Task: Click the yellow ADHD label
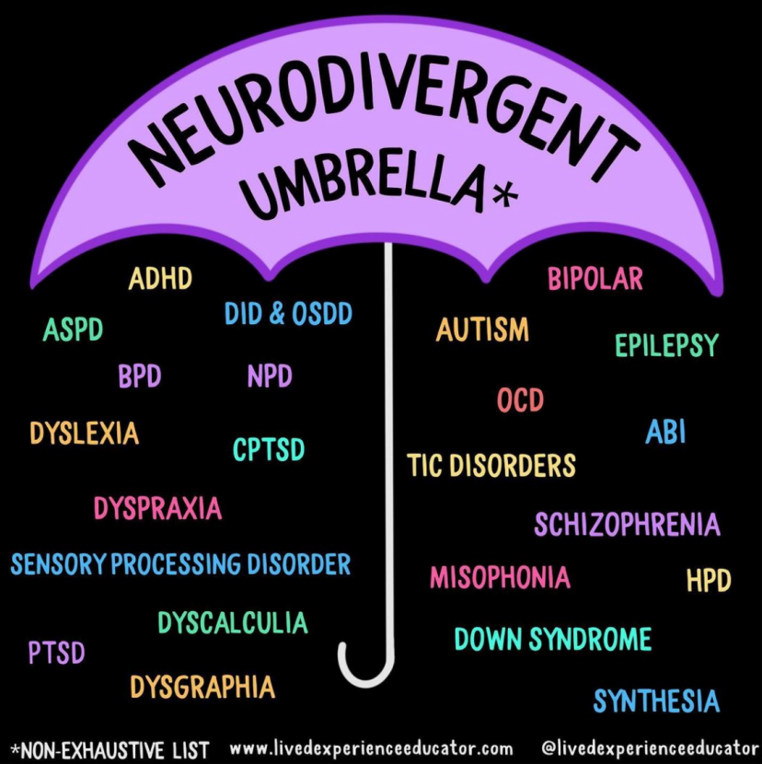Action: [x=160, y=279]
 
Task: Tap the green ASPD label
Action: [x=73, y=330]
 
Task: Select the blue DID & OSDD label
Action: [x=288, y=314]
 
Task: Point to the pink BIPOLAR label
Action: [x=595, y=279]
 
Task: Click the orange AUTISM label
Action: [x=482, y=330]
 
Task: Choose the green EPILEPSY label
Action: [x=666, y=346]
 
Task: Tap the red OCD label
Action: [x=520, y=400]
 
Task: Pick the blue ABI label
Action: [x=665, y=432]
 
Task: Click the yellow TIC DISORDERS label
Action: [x=491, y=465]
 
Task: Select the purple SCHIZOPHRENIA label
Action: [x=627, y=525]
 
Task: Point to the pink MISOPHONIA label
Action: [x=500, y=577]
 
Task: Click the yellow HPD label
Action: [x=708, y=581]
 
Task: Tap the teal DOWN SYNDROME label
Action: [x=552, y=639]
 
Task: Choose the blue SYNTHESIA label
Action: [x=655, y=701]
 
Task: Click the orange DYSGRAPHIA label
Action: [x=202, y=687]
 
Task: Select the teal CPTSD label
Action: [x=268, y=450]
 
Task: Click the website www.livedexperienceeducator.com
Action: [x=371, y=748]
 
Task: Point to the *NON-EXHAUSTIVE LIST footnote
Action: [x=110, y=748]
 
